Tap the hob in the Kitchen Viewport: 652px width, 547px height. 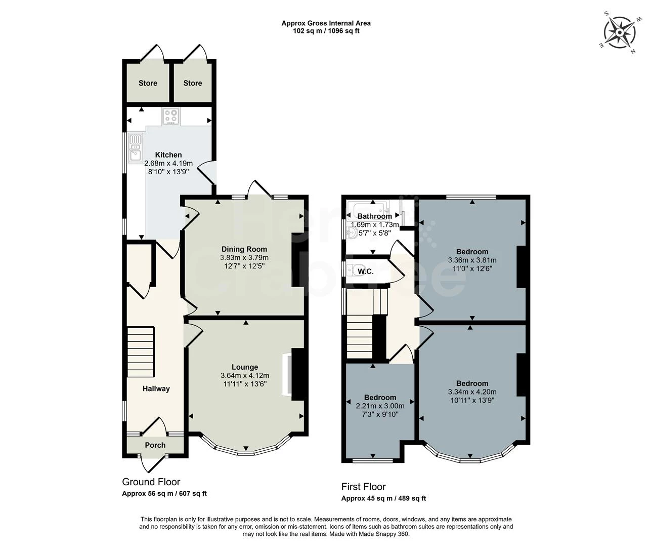coord(171,116)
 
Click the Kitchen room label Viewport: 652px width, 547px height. coord(168,155)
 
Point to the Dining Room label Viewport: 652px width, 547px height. coord(244,249)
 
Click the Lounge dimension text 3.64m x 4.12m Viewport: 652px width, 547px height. coord(245,375)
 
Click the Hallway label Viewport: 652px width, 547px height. coord(156,389)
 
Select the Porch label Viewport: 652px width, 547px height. coord(155,445)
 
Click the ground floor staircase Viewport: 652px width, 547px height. coord(141,352)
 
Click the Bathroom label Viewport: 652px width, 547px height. coord(374,216)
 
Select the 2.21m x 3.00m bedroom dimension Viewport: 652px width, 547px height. coord(380,406)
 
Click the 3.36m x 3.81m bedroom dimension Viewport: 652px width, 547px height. coord(472,260)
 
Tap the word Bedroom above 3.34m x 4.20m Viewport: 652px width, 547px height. coord(472,383)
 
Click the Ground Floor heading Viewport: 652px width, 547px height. coord(151,482)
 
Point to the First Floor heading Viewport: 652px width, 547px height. coord(364,487)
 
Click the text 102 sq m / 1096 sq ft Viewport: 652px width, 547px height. coord(326,31)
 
